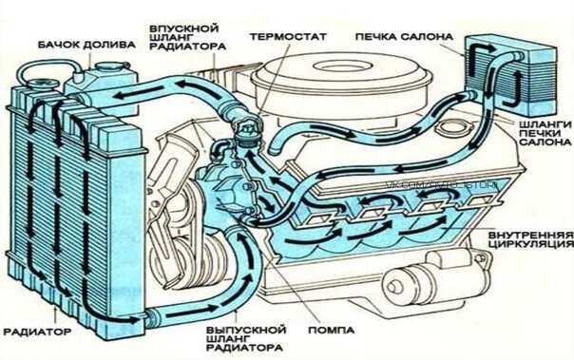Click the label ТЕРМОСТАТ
click(288, 36)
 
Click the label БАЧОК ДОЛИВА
click(78, 44)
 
